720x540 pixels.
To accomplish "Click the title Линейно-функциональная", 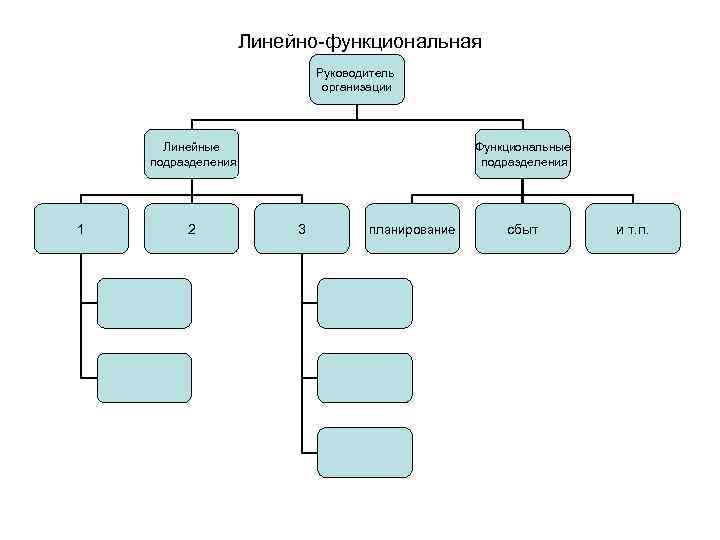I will [359, 42].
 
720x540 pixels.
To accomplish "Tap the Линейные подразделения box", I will [192, 153].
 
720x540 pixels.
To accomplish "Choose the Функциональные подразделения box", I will [523, 153].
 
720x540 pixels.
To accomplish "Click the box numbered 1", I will [81, 229].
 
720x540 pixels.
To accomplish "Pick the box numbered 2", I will [192, 229].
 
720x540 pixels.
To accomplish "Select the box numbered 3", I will [302, 229].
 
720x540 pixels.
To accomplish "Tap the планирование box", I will [412, 229].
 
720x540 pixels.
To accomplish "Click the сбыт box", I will [523, 229].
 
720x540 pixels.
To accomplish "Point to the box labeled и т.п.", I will [633, 229].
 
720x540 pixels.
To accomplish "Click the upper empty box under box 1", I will [144, 303].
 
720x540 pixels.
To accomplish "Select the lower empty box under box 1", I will [144, 377].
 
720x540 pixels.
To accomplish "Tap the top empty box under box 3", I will [365, 303].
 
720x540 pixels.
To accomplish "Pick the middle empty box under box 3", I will [365, 377].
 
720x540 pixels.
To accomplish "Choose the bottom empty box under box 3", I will [365, 451].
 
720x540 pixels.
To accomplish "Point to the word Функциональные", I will [523, 145].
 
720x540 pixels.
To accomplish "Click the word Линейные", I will [192, 145].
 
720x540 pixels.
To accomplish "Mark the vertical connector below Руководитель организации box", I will [357, 110].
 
